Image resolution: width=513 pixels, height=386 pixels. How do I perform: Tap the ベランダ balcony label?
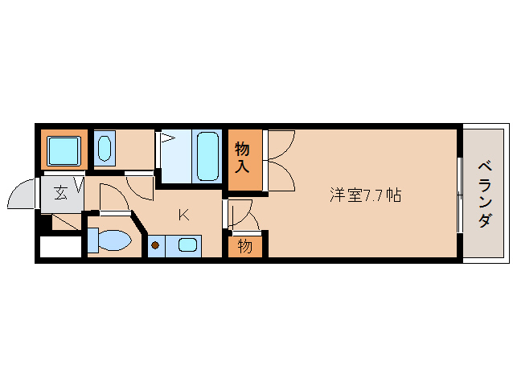point(485,194)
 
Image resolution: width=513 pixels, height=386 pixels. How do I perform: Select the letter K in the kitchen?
point(183,214)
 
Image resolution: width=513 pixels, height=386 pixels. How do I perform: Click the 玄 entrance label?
point(61,192)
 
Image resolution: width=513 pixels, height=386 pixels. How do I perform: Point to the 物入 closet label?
point(244,158)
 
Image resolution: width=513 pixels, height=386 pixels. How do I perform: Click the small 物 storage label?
point(244,244)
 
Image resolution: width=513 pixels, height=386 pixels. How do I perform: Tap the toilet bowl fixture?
point(110,240)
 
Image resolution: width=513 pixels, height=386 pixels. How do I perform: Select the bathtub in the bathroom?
point(207,156)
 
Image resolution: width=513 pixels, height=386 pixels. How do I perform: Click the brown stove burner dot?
point(155,245)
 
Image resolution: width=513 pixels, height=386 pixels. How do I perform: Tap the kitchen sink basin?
point(188,245)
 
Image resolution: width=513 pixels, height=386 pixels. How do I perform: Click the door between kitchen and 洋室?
point(240,213)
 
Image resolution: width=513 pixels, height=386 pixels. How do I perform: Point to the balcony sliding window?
point(459,194)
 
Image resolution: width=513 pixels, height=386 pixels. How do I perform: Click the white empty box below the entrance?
point(60,246)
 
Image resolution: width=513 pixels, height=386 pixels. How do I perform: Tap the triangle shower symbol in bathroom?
point(167,138)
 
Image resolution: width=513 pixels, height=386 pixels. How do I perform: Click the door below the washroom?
point(141,187)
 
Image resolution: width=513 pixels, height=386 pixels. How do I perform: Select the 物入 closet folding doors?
point(279,161)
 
